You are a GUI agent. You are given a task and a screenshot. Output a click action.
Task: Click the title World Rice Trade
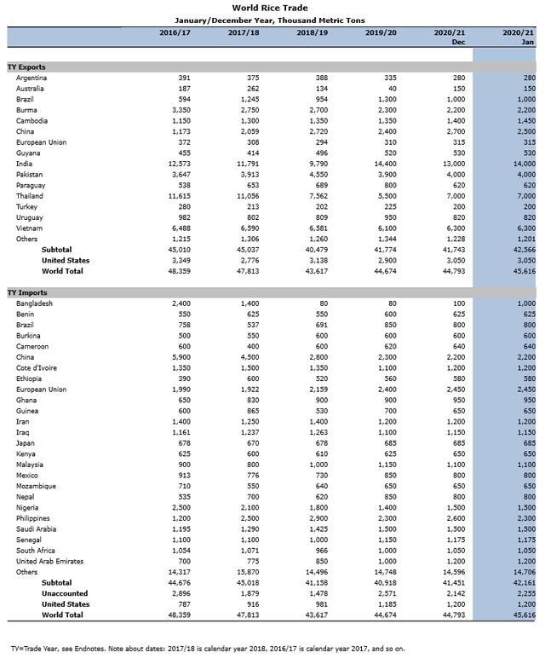point(272,8)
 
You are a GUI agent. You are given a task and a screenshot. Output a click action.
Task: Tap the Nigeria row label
point(28,507)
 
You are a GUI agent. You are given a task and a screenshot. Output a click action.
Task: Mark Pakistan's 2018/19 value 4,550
point(318,174)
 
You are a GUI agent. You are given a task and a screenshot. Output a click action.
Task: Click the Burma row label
point(26,110)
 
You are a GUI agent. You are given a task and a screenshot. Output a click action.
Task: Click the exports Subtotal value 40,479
point(316,250)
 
